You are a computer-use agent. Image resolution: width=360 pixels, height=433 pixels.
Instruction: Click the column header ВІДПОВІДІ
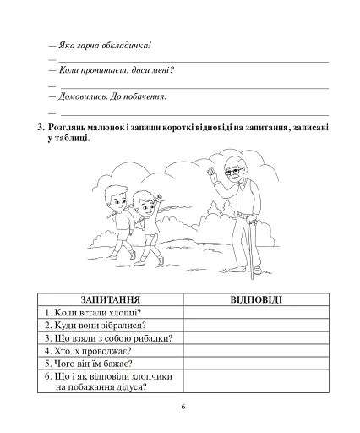(256, 299)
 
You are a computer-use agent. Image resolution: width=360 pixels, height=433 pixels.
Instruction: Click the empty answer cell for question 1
(256, 312)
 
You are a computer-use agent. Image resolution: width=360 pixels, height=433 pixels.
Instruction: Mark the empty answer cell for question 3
(256, 337)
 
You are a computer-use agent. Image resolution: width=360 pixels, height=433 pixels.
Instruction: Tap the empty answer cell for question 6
(256, 381)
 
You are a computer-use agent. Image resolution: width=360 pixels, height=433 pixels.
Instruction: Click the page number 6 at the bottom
(181, 406)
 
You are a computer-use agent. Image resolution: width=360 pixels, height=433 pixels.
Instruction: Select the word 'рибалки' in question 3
(152, 337)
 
